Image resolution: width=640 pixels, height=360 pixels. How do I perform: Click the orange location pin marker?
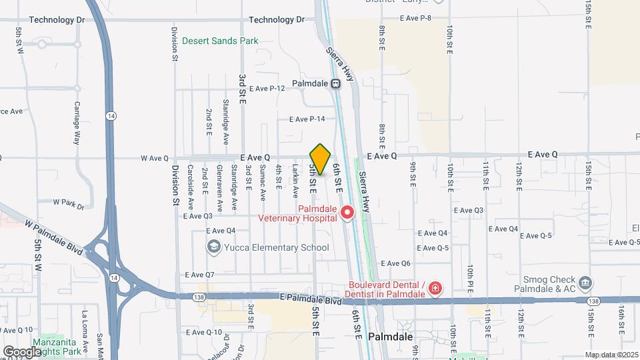(x=321, y=159)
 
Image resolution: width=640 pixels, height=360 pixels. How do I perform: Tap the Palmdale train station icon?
(x=336, y=84)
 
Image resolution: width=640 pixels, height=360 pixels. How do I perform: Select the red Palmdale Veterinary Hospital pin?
(x=347, y=213)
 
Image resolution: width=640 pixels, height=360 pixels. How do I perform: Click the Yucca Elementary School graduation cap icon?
(x=214, y=247)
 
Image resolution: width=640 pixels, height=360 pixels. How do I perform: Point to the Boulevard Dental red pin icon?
(x=435, y=288)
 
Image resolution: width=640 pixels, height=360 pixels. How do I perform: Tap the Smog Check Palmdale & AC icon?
(x=585, y=281)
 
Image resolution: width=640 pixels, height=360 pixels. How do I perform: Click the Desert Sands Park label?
(x=220, y=41)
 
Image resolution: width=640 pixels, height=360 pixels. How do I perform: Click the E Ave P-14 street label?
(x=307, y=119)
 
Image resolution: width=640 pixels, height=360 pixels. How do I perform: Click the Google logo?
(x=22, y=351)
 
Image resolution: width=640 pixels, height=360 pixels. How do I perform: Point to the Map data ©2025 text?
(x=611, y=355)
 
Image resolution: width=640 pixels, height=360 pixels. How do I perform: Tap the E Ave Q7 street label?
(x=199, y=275)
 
